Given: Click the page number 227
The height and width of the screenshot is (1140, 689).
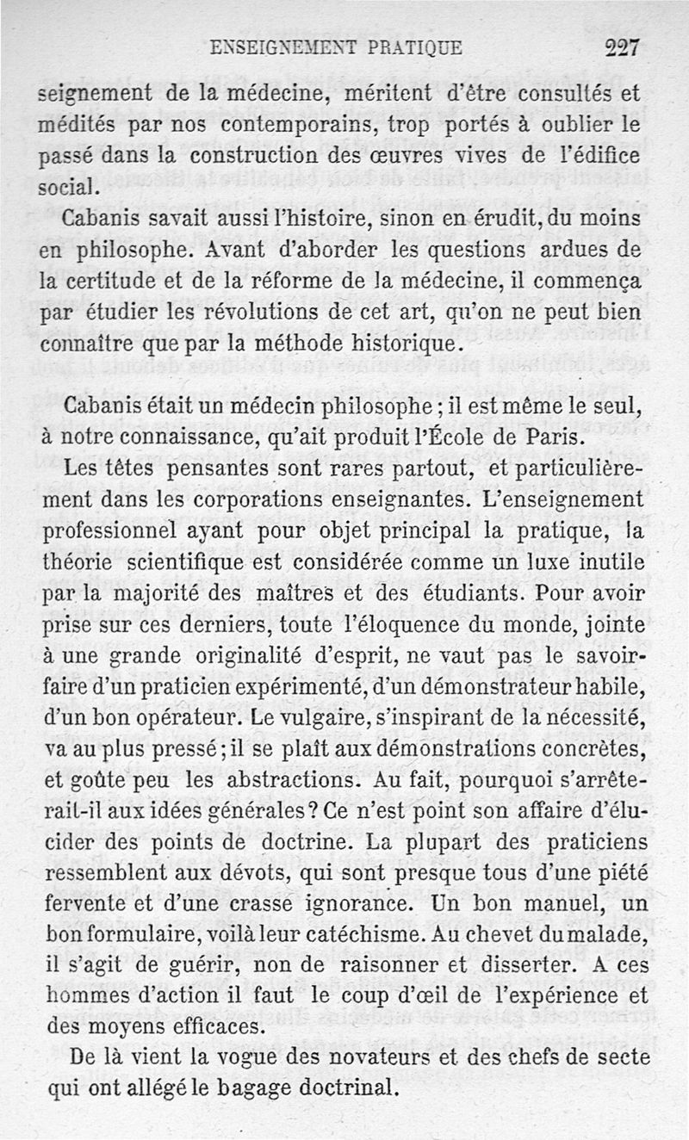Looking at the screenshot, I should [x=622, y=47].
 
